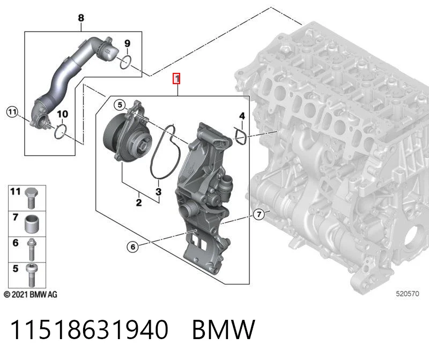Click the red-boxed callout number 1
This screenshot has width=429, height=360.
(177, 79)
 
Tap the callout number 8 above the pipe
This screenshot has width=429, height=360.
(81, 18)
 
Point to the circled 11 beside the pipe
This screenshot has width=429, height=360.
(12, 112)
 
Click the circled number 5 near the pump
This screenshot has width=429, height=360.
(120, 104)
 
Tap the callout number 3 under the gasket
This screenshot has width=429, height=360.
(158, 191)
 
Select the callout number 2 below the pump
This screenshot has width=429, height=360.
(139, 202)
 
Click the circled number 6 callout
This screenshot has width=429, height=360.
(133, 247)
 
